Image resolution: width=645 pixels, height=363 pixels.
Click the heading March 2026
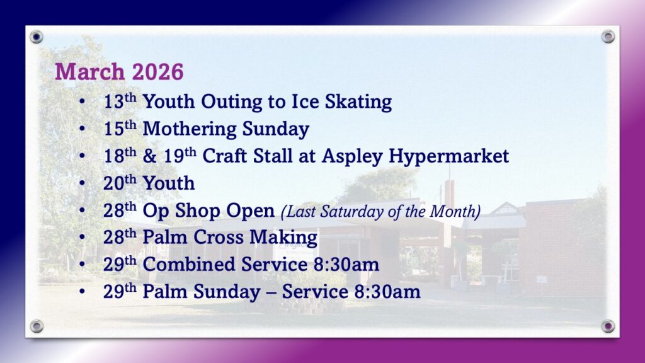point(119,72)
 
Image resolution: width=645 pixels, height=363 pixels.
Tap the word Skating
point(358,102)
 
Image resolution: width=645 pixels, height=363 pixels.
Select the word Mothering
point(190,129)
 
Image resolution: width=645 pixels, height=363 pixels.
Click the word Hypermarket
point(448,156)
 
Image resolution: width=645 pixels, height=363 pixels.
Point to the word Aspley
point(352,156)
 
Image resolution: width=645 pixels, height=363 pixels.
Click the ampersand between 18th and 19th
point(150,156)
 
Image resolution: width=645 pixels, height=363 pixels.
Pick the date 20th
point(120,183)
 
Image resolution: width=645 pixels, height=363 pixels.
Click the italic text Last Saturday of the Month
point(380,212)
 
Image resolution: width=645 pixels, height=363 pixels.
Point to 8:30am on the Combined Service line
point(346,264)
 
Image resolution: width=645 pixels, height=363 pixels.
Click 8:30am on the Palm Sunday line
point(387,291)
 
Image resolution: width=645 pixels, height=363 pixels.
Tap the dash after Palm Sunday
point(271,292)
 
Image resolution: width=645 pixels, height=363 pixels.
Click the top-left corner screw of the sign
point(37,37)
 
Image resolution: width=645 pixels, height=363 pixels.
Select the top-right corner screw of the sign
point(608,37)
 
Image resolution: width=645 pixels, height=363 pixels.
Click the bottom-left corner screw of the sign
point(37,326)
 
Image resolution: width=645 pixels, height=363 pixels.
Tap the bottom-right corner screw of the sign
point(608,326)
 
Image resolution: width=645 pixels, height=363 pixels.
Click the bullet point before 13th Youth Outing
point(83,101)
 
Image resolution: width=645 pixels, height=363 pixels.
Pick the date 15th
point(120,129)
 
